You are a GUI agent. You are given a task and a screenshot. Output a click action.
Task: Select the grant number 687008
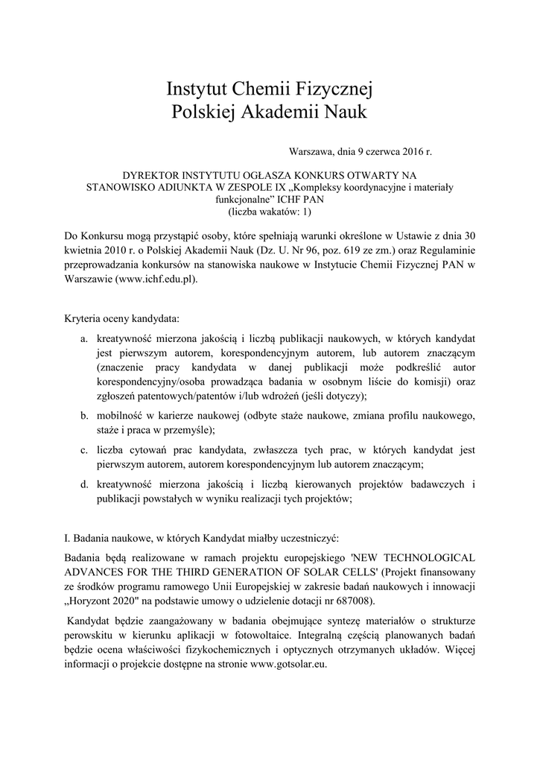pos(355,601)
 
